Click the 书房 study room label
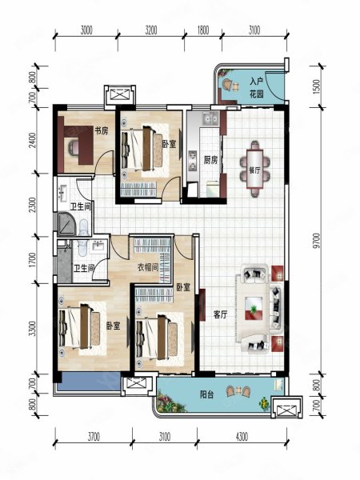(x=101, y=131)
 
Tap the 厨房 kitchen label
(x=210, y=160)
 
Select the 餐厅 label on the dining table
(x=254, y=170)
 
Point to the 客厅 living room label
(x=221, y=314)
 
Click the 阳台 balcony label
(x=207, y=394)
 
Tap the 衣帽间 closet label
(x=147, y=268)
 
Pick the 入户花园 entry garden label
(x=257, y=88)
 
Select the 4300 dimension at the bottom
(x=242, y=437)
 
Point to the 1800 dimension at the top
(x=203, y=30)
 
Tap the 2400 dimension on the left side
(x=32, y=140)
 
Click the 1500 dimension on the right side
(x=317, y=86)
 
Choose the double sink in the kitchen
(x=210, y=118)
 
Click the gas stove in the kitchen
(x=193, y=161)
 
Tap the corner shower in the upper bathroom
(x=66, y=223)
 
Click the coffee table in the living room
(x=254, y=308)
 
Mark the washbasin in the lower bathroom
(x=98, y=246)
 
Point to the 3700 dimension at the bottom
(x=94, y=437)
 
